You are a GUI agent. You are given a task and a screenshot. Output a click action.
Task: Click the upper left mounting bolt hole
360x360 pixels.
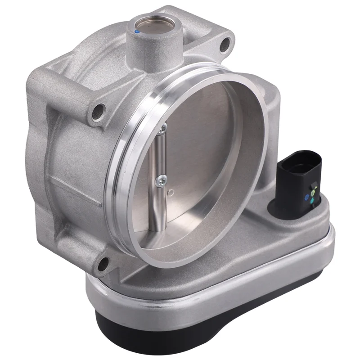click(98, 111)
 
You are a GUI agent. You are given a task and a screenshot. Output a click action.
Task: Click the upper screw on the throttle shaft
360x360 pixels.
click(163, 129)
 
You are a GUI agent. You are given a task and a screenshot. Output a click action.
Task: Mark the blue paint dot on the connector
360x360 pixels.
click(307, 197)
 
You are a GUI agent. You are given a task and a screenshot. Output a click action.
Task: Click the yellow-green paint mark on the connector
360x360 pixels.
click(313, 189)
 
